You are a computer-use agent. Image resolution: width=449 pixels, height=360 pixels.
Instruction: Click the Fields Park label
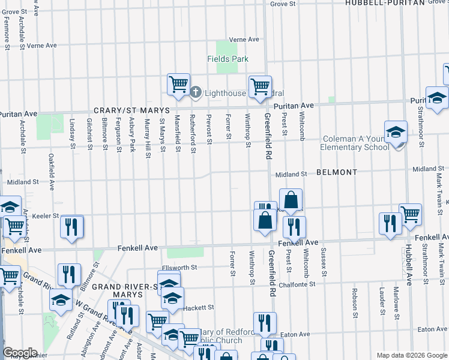[228, 59]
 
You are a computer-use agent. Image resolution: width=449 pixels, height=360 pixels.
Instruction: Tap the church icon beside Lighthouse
[196, 92]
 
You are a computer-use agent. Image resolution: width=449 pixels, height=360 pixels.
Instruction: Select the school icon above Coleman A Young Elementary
[396, 131]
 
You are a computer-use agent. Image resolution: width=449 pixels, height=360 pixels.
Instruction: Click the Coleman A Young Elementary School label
[354, 143]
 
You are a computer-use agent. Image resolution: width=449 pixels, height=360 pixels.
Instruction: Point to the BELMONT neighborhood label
[337, 172]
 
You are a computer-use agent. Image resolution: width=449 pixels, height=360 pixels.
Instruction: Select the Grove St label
[283, 4]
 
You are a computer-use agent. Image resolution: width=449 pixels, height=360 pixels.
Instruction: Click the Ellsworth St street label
[179, 268]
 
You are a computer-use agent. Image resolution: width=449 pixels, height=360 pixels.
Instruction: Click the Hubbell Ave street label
[408, 264]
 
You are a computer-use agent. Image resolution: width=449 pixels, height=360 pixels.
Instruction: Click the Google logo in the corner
[20, 353]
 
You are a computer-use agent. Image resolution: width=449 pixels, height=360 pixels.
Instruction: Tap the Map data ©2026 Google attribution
[412, 355]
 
